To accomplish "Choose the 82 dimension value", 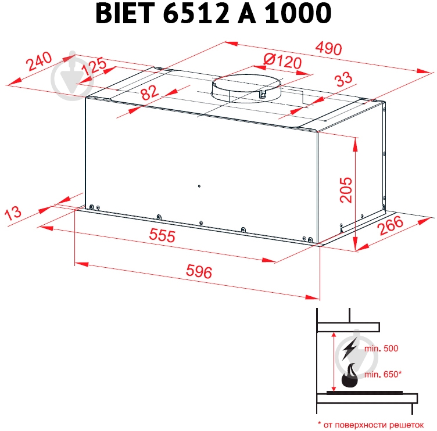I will pyautogui.click(x=149, y=92).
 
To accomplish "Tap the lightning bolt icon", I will pyautogui.click(x=350, y=349).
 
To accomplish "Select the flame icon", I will pyautogui.click(x=350, y=377).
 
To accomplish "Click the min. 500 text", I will pyautogui.click(x=381, y=349).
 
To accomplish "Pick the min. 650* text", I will pyautogui.click(x=383, y=375).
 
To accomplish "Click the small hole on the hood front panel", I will pyautogui.click(x=199, y=187).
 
